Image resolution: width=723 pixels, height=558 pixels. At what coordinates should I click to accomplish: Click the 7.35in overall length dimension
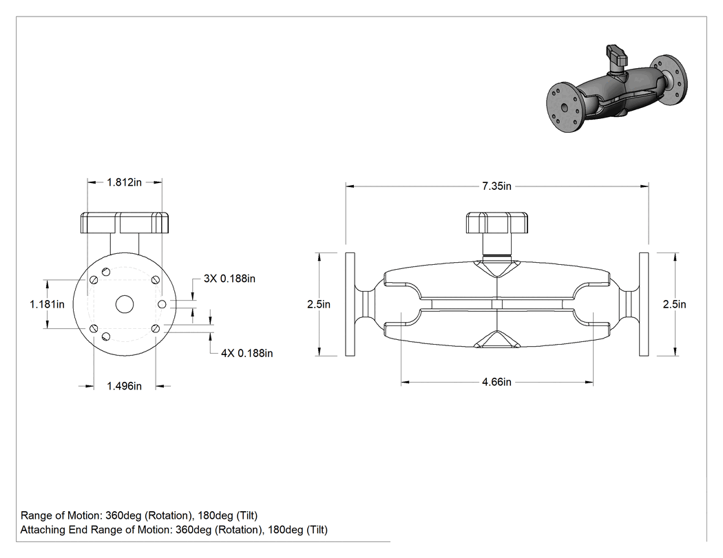point(496,186)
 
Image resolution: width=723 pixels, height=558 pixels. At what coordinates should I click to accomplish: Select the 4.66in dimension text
point(496,382)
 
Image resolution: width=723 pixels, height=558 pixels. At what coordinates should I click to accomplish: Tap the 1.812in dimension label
point(125,182)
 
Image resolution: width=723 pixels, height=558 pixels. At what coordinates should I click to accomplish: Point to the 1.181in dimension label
point(47,305)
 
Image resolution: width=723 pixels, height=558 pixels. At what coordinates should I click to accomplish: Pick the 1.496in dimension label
point(125,386)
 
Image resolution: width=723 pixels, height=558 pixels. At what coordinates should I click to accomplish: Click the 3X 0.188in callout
point(229,279)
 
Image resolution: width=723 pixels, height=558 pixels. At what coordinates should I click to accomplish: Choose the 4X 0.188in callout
point(247,354)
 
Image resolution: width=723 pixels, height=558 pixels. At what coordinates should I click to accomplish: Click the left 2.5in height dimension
point(319,305)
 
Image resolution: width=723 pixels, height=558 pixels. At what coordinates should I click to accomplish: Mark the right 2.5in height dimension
point(675,305)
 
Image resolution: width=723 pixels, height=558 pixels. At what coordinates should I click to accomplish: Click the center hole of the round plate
point(125,304)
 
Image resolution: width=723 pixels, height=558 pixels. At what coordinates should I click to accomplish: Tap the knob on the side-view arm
point(496,224)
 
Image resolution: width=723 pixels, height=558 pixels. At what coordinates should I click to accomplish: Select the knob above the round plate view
point(125,223)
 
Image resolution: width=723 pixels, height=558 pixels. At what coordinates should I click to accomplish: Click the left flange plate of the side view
point(350,304)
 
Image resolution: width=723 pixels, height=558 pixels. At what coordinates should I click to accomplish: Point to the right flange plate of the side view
point(644,304)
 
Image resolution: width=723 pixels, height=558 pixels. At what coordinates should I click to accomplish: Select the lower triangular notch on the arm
point(496,339)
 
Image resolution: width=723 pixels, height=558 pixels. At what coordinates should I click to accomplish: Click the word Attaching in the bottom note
point(43,530)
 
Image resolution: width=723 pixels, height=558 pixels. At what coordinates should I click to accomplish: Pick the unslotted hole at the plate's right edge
point(162,304)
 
